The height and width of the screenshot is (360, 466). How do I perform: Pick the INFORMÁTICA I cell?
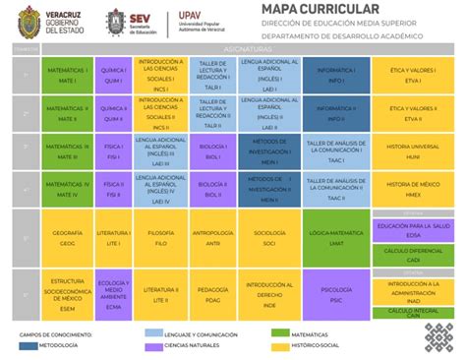pyautogui.click(x=335, y=73)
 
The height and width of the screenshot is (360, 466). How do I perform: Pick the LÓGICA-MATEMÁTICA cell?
pyautogui.click(x=335, y=238)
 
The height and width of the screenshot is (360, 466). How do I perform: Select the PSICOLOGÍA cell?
pyautogui.click(x=335, y=293)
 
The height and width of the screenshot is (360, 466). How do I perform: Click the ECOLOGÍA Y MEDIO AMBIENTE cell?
pyautogui.click(x=112, y=293)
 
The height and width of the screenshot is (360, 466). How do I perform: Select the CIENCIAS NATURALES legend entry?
pyautogui.click(x=183, y=346)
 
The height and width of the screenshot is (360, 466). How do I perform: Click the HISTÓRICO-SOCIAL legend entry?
pyautogui.click(x=312, y=346)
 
